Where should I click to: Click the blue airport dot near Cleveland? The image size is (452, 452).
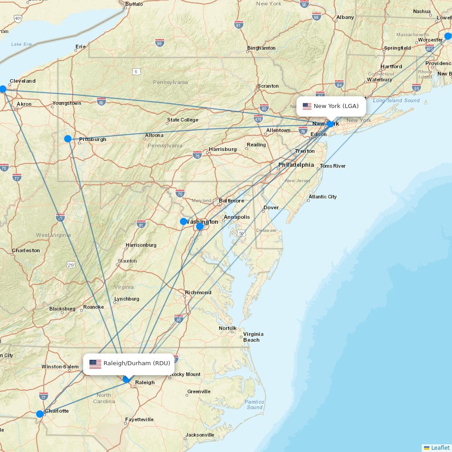[3, 89]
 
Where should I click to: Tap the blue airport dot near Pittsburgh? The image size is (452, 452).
[68, 139]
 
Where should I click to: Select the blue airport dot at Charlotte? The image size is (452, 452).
[40, 414]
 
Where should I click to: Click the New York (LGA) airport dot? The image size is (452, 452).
[330, 124]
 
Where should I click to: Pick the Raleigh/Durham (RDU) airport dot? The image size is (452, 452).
[127, 379]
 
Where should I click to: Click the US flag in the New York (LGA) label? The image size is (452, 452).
[307, 106]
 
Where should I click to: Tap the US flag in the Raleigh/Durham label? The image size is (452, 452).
[95, 364]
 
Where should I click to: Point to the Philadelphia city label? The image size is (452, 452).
[296, 165]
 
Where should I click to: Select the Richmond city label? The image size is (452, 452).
[198, 292]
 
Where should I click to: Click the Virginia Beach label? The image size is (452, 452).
[253, 337]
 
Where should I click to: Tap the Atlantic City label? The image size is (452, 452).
[323, 197]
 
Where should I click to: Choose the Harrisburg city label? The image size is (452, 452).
[222, 149]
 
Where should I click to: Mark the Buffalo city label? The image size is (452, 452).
[134, 4]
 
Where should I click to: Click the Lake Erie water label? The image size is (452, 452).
[22, 44]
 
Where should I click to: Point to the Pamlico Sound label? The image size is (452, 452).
[254, 405]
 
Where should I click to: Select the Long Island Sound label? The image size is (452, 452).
[396, 100]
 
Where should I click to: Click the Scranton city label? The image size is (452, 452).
[268, 86]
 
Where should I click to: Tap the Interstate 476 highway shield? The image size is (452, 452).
[258, 119]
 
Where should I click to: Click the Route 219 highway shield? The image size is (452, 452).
[71, 264]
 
